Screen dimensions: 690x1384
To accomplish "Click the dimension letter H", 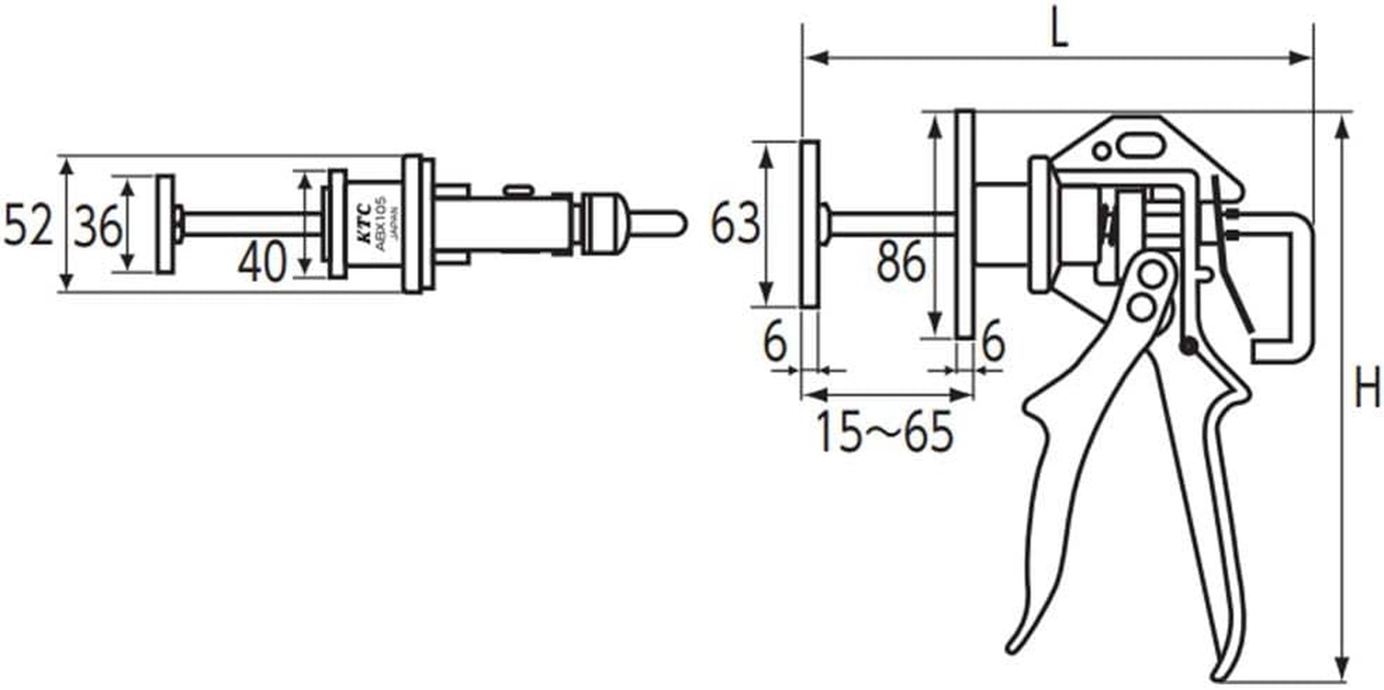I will click(x=1366, y=387).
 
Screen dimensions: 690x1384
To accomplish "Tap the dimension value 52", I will click(x=28, y=226).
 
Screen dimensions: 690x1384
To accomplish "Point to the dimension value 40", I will click(x=262, y=262).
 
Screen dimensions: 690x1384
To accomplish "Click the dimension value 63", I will click(x=734, y=223).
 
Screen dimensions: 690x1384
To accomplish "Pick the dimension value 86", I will click(x=901, y=263).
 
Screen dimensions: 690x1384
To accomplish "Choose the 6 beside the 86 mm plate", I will click(x=993, y=342).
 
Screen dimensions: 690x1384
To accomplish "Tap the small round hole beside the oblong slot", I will click(x=1102, y=152).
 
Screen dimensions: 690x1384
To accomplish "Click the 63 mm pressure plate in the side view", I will click(x=809, y=224).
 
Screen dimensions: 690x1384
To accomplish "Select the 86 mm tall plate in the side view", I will click(x=965, y=224).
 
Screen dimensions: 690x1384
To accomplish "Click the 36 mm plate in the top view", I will click(x=165, y=224).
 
